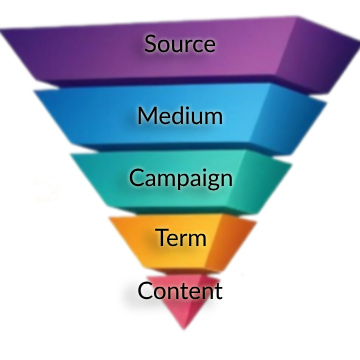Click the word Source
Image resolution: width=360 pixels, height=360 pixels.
[180, 44]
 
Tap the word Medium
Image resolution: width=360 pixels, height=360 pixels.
[180, 115]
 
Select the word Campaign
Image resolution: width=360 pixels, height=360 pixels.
[181, 179]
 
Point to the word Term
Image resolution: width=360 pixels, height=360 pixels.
[181, 238]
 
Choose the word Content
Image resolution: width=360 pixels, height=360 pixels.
[180, 291]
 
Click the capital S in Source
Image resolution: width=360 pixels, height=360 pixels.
[151, 44]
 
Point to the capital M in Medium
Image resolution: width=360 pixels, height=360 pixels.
[147, 115]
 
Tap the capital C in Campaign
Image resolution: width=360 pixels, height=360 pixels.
[136, 178]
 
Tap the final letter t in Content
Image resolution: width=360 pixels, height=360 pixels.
[217, 291]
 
